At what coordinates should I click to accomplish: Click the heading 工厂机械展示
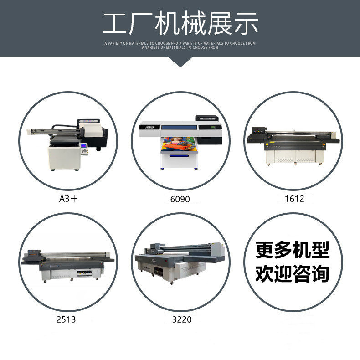click(180, 23)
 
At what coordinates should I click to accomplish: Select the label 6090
click(180, 199)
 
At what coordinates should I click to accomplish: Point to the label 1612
click(294, 199)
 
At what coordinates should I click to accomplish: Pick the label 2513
click(67, 319)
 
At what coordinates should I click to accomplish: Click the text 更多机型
click(293, 251)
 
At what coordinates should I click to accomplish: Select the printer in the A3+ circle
click(68, 144)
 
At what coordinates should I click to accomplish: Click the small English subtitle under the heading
click(180, 45)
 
